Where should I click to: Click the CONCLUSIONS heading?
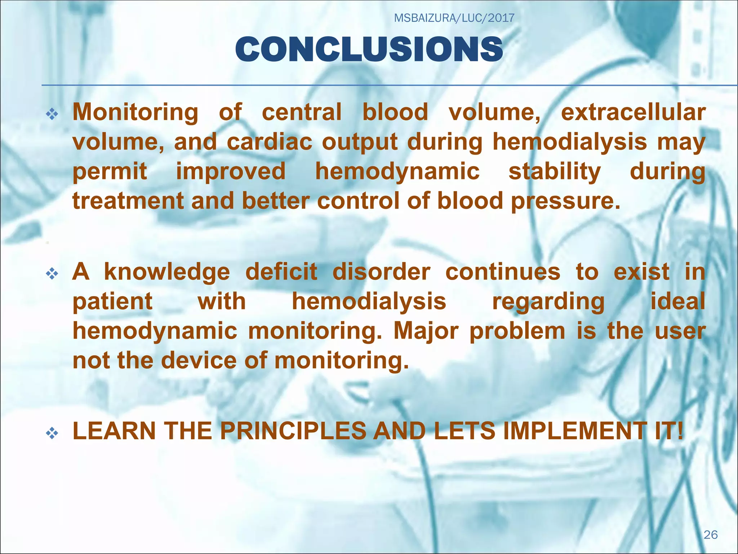pos(369,49)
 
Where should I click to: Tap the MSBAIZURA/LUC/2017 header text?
pos(454,18)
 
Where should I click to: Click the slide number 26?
pos(711,535)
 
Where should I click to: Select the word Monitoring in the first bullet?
pos(135,113)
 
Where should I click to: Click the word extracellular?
pos(633,113)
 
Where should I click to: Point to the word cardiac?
pos(270,142)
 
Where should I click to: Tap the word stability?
pos(554,171)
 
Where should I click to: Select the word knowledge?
pos(167,272)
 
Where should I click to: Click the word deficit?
pos(281,272)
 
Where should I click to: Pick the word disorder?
pos(381,272)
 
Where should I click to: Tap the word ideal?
pos(677,302)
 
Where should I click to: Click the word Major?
pos(426,331)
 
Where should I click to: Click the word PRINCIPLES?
pos(293,431)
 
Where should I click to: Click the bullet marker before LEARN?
pos(52,433)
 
